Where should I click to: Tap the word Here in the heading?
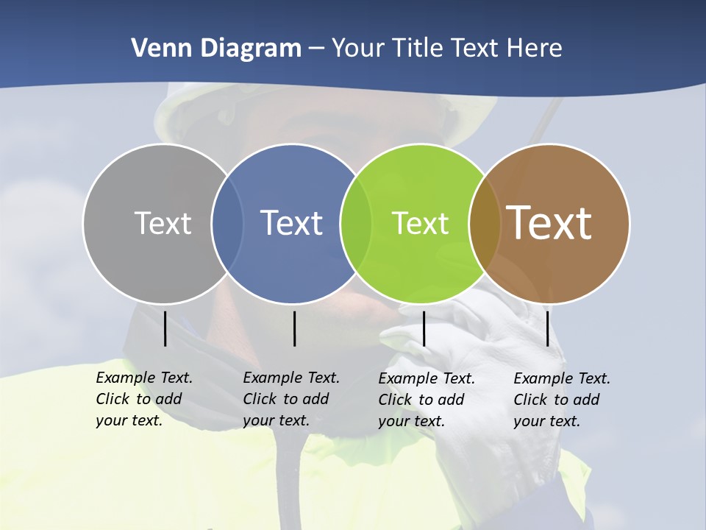[x=534, y=49]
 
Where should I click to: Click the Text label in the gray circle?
[x=163, y=223]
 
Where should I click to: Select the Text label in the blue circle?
[x=291, y=223]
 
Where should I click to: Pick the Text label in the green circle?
[x=420, y=223]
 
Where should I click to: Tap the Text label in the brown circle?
[x=549, y=223]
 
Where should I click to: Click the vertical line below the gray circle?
[x=165, y=328]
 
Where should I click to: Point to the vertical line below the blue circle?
[x=294, y=328]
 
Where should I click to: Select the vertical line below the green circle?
[x=424, y=328]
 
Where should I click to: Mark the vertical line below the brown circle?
[x=547, y=328]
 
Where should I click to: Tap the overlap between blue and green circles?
[x=357, y=223]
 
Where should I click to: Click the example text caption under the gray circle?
[x=144, y=400]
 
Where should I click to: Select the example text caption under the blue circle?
[x=291, y=400]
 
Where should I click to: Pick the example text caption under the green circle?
[x=427, y=400]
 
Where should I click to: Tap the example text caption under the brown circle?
[x=562, y=400]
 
